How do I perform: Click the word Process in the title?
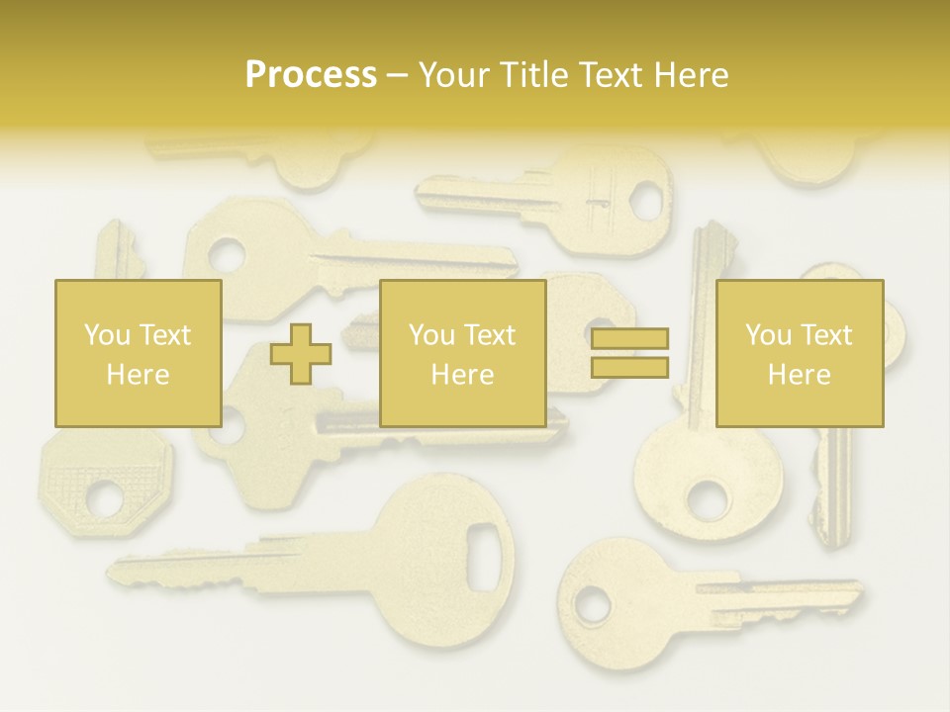[x=311, y=75]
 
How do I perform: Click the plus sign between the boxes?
[x=301, y=354]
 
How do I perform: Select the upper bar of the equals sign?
[x=630, y=339]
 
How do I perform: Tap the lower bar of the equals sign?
[x=630, y=367]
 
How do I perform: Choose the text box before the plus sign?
[x=138, y=353]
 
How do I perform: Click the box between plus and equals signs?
[x=462, y=353]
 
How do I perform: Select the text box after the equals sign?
[x=799, y=353]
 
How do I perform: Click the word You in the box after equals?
[x=768, y=335]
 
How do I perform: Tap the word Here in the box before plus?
[x=138, y=375]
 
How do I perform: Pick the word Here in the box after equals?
[x=799, y=375]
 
